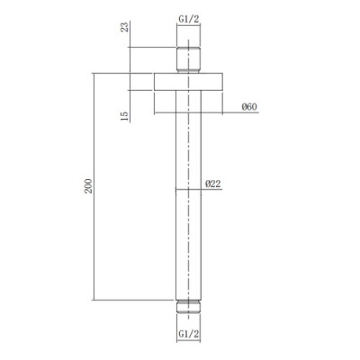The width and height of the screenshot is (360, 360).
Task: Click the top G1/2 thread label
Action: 189,20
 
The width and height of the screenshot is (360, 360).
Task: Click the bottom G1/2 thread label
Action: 189,334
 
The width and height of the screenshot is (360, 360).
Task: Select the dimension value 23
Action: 125,27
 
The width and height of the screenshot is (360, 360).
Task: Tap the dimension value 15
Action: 125,116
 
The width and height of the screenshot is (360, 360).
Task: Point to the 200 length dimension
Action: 88,186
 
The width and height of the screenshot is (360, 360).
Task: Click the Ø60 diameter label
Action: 249,107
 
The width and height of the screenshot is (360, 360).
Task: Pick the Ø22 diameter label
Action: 213,184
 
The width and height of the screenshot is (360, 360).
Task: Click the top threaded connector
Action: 188,60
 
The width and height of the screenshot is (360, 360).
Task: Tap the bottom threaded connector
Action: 188,307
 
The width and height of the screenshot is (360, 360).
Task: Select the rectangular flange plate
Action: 188,82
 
